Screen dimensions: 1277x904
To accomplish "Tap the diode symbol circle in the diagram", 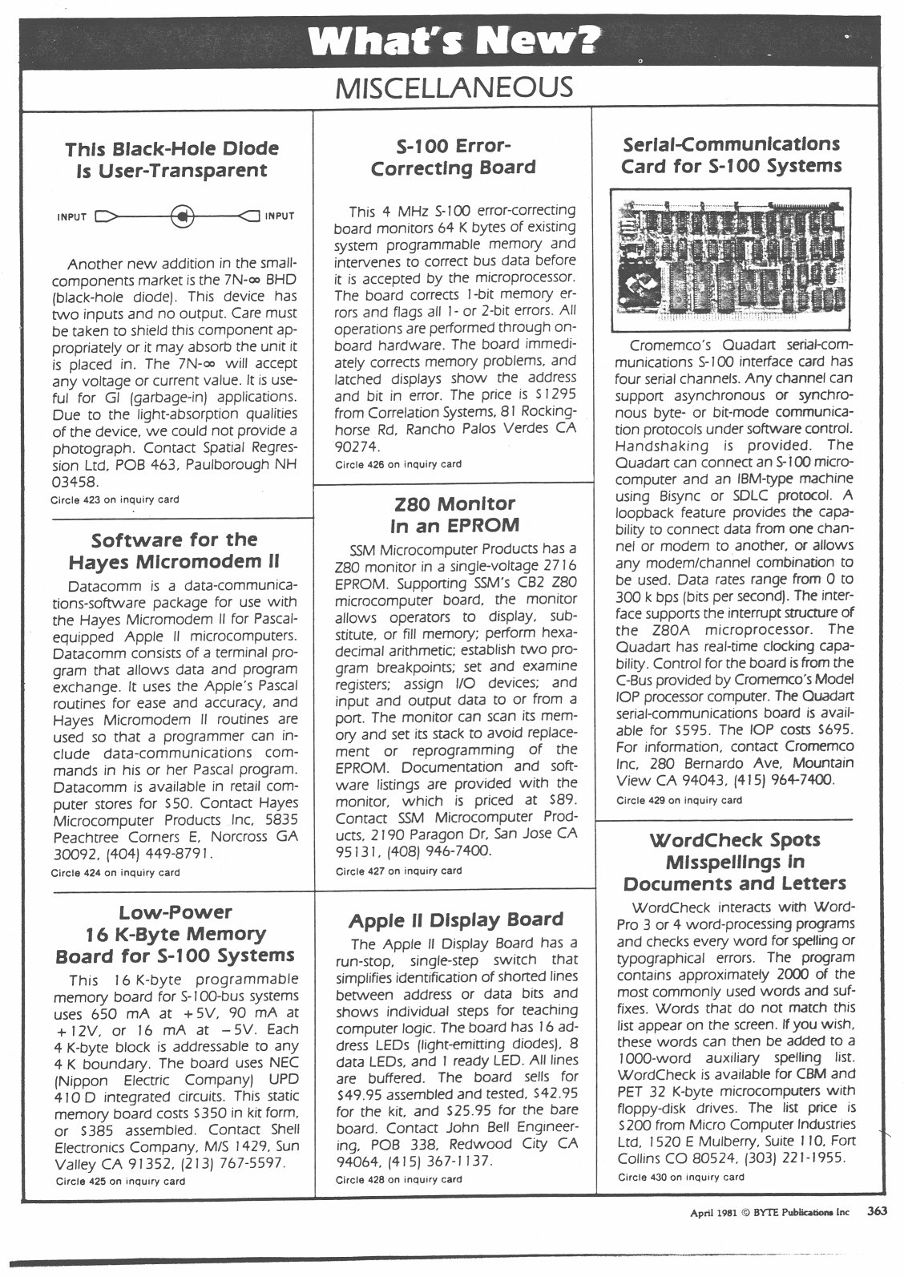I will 183,216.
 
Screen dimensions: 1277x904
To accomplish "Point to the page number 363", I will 876,1212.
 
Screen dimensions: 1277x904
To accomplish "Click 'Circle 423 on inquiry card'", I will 115,499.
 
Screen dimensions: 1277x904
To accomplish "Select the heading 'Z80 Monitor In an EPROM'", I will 454,515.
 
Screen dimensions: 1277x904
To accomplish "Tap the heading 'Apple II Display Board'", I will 457,919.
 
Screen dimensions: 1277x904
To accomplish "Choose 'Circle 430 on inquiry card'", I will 680,1177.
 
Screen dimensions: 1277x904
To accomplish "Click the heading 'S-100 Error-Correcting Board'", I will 454,157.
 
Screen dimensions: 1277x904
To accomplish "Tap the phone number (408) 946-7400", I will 438,851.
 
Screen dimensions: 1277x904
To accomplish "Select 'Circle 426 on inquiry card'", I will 398,463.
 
